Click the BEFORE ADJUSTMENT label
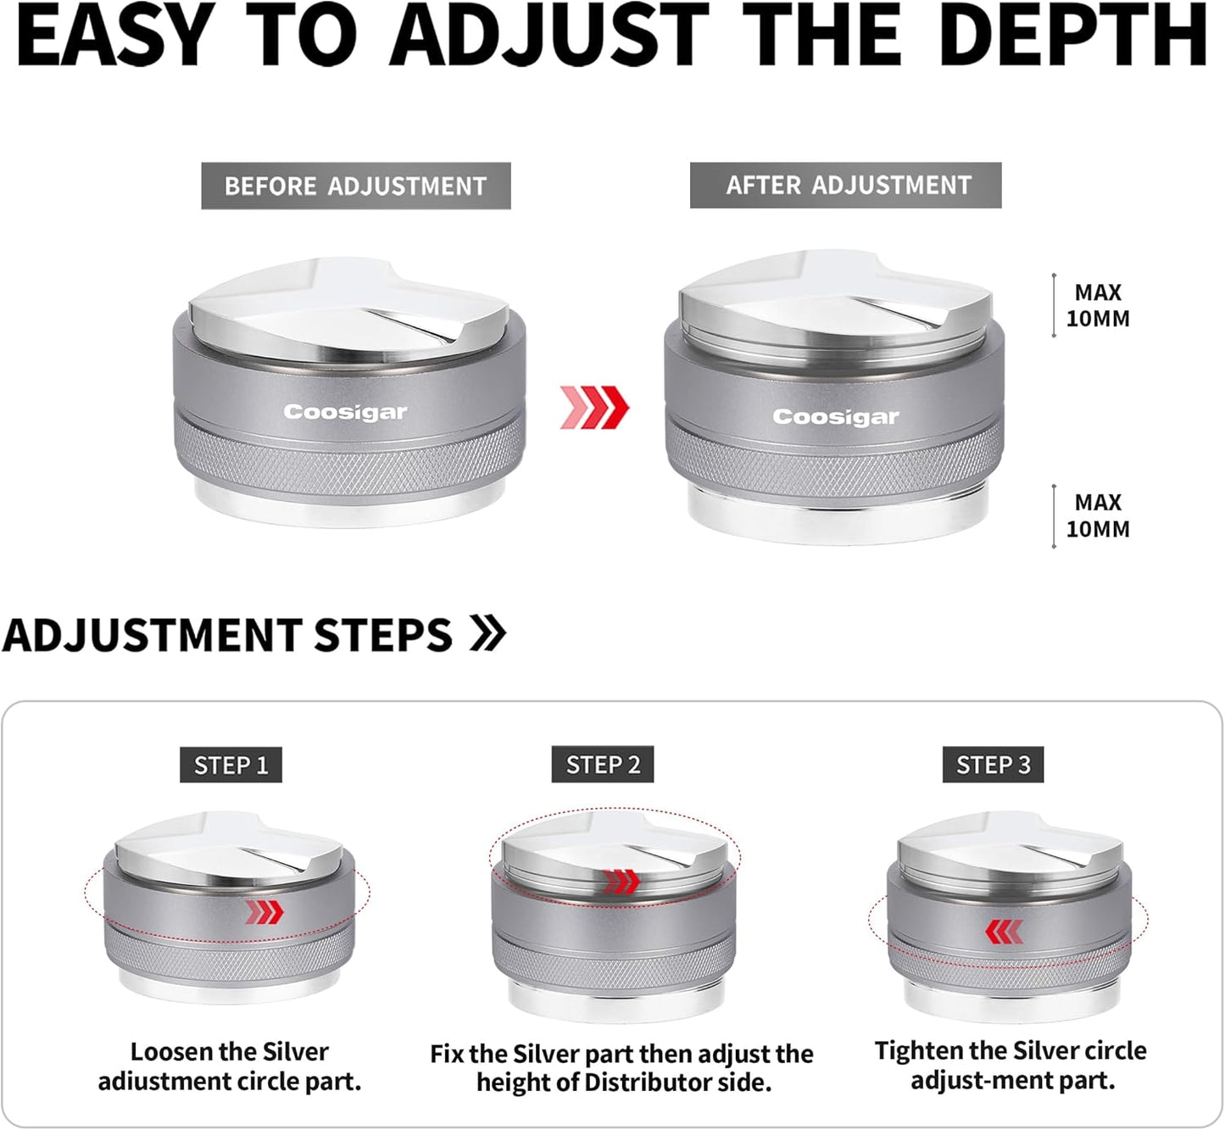tap(356, 186)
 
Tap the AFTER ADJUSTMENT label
tap(846, 185)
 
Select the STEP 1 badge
tap(231, 765)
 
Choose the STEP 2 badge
tap(603, 765)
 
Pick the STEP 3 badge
tap(993, 765)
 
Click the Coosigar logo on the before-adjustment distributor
tap(345, 412)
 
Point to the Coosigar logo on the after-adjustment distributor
tap(836, 417)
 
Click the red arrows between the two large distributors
tap(594, 407)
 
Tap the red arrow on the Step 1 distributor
tap(264, 911)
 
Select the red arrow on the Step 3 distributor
tap(1005, 932)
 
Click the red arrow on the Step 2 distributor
tap(621, 882)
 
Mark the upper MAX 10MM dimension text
tap(1098, 305)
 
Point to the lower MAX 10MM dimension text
tap(1098, 515)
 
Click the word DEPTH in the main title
tap(1072, 35)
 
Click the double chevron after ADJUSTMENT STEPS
tap(487, 633)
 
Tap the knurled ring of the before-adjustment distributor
tap(350, 455)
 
